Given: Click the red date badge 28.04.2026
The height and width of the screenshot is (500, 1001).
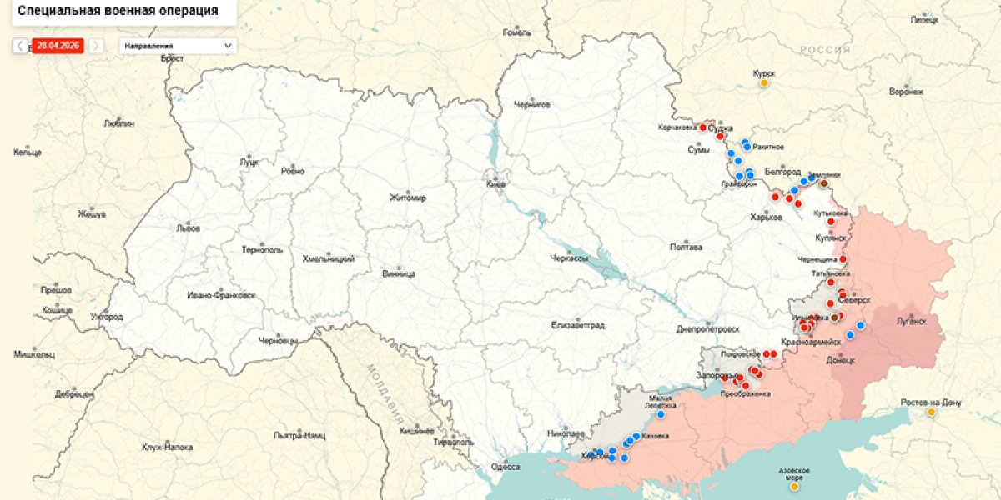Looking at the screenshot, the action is pos(58,46).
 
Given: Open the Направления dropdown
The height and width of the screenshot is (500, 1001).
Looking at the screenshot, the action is pos(177,46).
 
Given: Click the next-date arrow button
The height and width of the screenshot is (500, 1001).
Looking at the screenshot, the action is pos(96,46).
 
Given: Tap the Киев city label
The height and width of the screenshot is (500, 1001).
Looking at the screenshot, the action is pos(494,183).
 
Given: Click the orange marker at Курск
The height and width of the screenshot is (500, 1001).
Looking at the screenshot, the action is pos(763,83).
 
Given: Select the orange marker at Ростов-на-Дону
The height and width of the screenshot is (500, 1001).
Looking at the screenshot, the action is pos(931,412).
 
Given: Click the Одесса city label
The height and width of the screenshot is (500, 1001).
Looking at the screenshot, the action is pos(506,467).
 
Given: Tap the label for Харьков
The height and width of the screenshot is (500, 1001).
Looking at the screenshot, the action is pos(766,217).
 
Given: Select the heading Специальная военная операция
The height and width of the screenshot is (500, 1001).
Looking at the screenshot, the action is pos(118,11).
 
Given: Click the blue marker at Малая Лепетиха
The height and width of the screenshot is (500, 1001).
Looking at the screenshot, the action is pos(661,414).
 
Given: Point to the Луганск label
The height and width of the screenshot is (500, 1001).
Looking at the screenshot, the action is pos(911,320).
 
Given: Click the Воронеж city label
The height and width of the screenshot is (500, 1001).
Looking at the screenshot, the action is pos(906,91).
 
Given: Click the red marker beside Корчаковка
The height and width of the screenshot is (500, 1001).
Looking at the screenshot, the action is pos(703,127).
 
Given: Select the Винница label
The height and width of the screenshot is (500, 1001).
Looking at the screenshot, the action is pos(399,272).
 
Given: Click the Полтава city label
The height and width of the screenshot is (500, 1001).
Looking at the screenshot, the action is pos(686,247).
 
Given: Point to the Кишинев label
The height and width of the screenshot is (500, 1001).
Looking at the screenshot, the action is pos(416,431).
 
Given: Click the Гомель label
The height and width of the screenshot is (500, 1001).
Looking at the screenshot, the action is pos(517,32).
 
